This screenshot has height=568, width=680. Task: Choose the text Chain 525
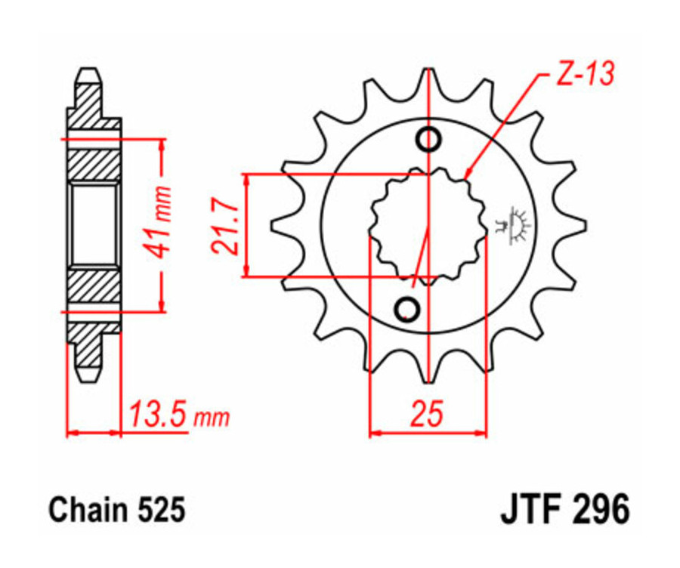click(x=117, y=511)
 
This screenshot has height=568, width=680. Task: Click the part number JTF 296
click(x=564, y=511)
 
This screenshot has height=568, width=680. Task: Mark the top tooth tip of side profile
click(x=88, y=73)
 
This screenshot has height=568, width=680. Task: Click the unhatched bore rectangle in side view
click(x=94, y=224)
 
